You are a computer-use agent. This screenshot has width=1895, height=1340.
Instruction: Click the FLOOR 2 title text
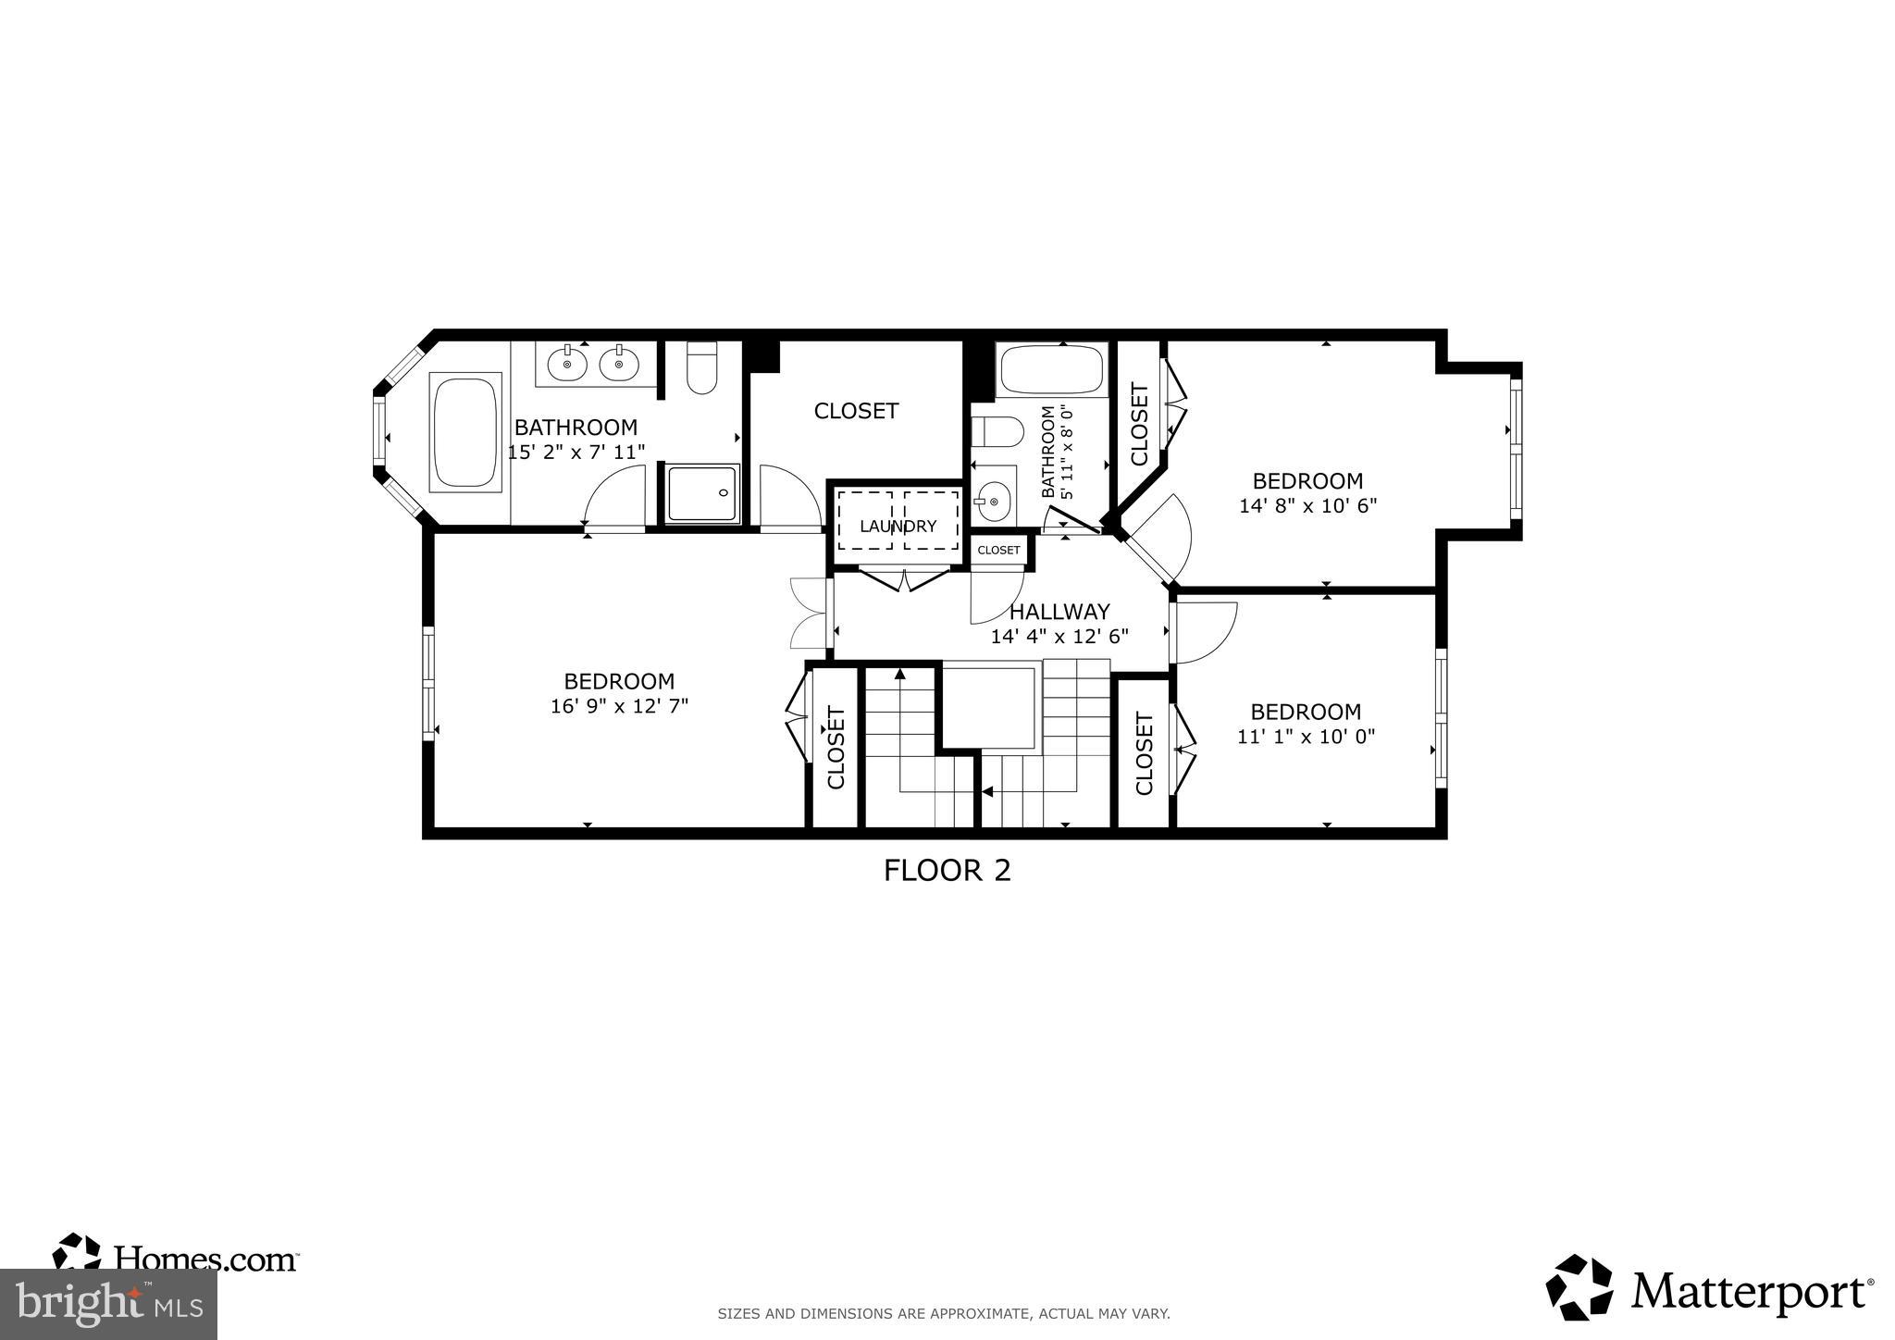click(x=947, y=871)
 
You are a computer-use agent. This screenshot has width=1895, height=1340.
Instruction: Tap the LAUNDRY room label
click(x=898, y=527)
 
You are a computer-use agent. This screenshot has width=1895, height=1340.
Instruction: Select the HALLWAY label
click(x=1059, y=612)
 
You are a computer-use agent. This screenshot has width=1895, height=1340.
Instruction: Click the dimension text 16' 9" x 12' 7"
click(x=619, y=706)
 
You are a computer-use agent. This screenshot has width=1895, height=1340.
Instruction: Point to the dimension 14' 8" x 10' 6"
click(x=1307, y=506)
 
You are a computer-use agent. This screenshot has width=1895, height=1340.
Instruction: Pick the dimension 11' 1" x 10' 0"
click(x=1306, y=737)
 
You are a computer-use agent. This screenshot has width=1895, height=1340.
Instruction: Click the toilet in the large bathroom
click(x=702, y=368)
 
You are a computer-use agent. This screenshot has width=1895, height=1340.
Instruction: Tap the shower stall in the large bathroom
click(x=702, y=493)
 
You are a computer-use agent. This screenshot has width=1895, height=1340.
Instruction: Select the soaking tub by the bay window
click(x=465, y=430)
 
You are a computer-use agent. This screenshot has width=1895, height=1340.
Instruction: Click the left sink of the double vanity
click(x=566, y=364)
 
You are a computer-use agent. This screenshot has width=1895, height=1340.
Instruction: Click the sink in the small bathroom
click(x=992, y=502)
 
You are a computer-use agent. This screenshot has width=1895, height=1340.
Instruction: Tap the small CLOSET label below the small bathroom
click(x=998, y=551)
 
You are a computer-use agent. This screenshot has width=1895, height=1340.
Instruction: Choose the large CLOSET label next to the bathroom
click(x=856, y=411)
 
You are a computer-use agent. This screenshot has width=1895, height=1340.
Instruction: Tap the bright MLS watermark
click(x=108, y=1304)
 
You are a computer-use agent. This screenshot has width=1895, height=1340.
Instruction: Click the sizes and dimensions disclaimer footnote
click(x=944, y=1313)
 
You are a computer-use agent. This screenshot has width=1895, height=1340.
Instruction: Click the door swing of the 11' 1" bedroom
click(x=1206, y=632)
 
